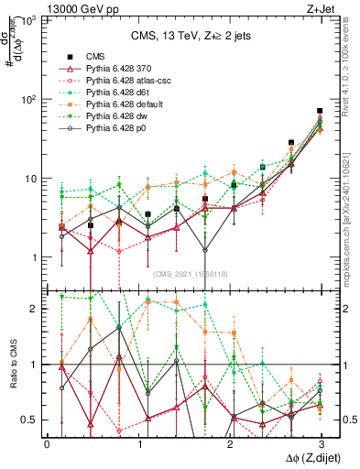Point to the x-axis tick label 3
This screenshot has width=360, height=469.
coord(321,442)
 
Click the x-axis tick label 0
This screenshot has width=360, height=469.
coord(47,442)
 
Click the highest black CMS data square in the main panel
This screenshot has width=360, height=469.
coord(320,111)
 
